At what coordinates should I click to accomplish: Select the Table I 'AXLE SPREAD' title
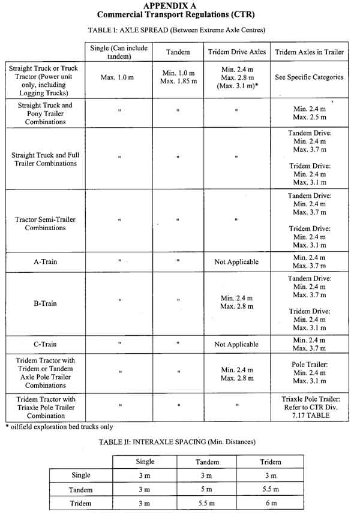[x=179, y=29]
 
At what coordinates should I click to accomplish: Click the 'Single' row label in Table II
[x=80, y=475]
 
